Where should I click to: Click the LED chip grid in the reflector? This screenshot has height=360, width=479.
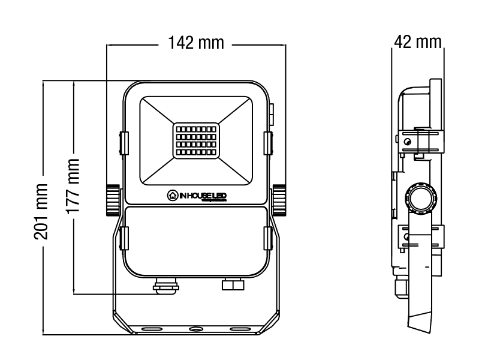196,142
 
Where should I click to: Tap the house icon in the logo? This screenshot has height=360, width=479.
172,195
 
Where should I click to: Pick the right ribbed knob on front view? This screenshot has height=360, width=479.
279,200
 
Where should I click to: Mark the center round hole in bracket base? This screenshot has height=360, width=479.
196,329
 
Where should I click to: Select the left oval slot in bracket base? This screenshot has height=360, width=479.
150,329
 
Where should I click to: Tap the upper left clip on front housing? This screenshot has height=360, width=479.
123,142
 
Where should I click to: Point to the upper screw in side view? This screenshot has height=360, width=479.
407,142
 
